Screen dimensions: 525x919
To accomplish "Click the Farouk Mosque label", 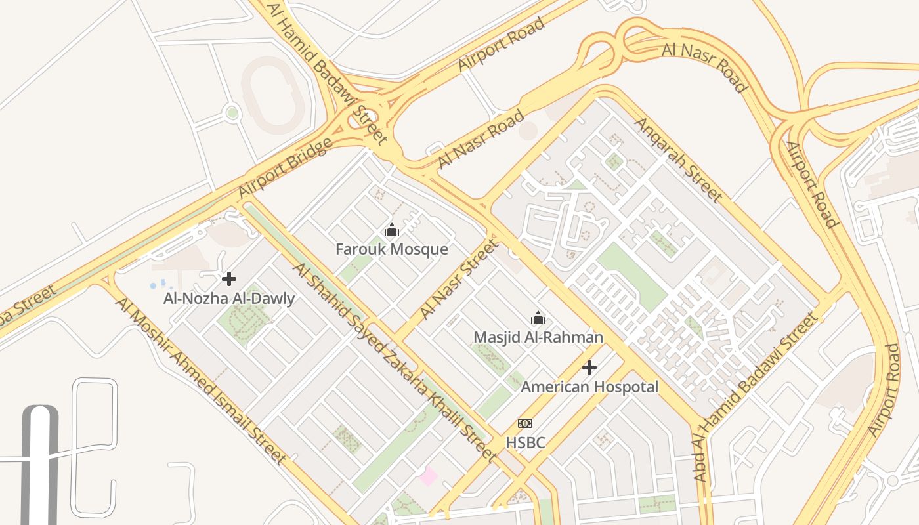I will tap(392, 249).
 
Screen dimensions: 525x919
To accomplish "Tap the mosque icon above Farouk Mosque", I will tap(392, 230).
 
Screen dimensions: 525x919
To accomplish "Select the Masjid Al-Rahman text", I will tap(538, 337).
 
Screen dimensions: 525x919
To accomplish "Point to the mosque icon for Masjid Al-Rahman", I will tap(538, 318).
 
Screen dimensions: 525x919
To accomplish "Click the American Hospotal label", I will tap(589, 387).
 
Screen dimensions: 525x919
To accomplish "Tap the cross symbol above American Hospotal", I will tap(589, 367).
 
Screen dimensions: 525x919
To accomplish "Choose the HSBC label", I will tap(525, 443).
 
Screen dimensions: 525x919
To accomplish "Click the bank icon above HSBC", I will tap(525, 423).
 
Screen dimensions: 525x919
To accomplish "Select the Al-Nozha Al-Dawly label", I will tap(229, 299).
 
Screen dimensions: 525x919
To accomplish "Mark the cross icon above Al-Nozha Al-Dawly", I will tap(229, 279).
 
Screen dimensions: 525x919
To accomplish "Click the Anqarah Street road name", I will tap(678, 159).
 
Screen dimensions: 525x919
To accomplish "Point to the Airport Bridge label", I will tap(285, 168).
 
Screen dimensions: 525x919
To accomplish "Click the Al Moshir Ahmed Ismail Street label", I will tap(201, 381).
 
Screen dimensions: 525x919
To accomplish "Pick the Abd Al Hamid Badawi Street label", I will tap(755, 397).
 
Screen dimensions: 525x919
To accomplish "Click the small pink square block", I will tap(429, 476).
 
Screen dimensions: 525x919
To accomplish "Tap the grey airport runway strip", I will tap(40, 466).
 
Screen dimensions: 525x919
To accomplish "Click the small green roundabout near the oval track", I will tap(232, 113).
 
